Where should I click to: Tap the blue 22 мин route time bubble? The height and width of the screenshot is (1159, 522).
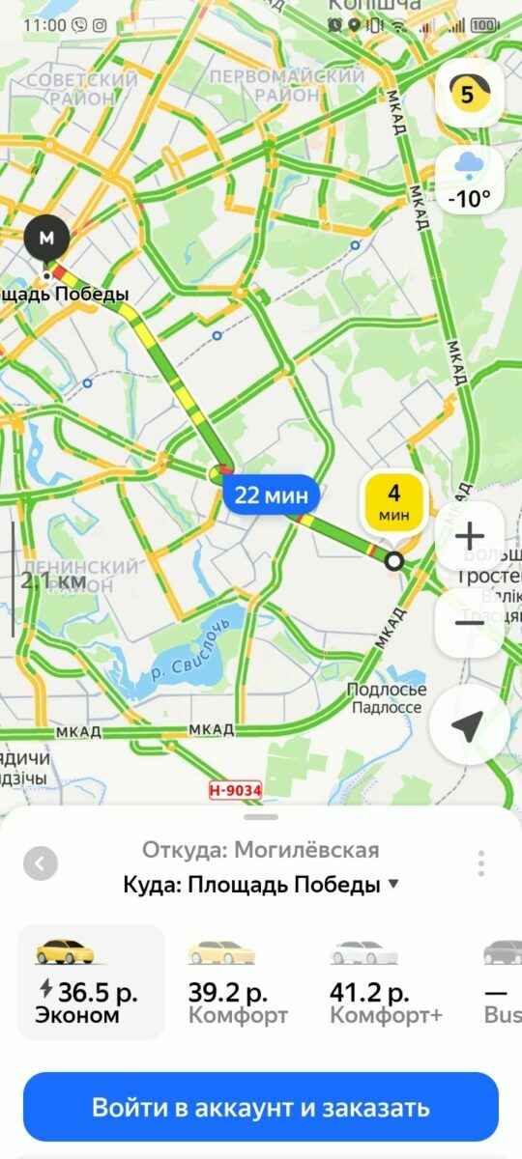tap(273, 496)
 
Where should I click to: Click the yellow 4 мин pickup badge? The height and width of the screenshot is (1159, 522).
tap(393, 503)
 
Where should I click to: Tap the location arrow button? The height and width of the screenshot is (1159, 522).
tap(469, 726)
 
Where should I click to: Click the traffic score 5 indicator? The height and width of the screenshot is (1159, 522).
tap(469, 94)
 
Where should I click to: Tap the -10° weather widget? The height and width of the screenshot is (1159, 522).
tap(469, 181)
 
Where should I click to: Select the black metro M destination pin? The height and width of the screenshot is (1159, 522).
tap(47, 237)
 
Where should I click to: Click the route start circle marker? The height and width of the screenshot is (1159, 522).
tap(394, 562)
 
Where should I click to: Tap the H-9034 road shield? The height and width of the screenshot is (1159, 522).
tap(235, 790)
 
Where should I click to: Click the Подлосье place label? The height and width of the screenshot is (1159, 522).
tap(387, 690)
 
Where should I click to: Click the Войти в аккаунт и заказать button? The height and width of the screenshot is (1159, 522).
tap(261, 1107)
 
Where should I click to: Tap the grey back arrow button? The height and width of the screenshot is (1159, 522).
tap(40, 862)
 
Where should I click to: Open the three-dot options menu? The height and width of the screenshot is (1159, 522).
tap(480, 862)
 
